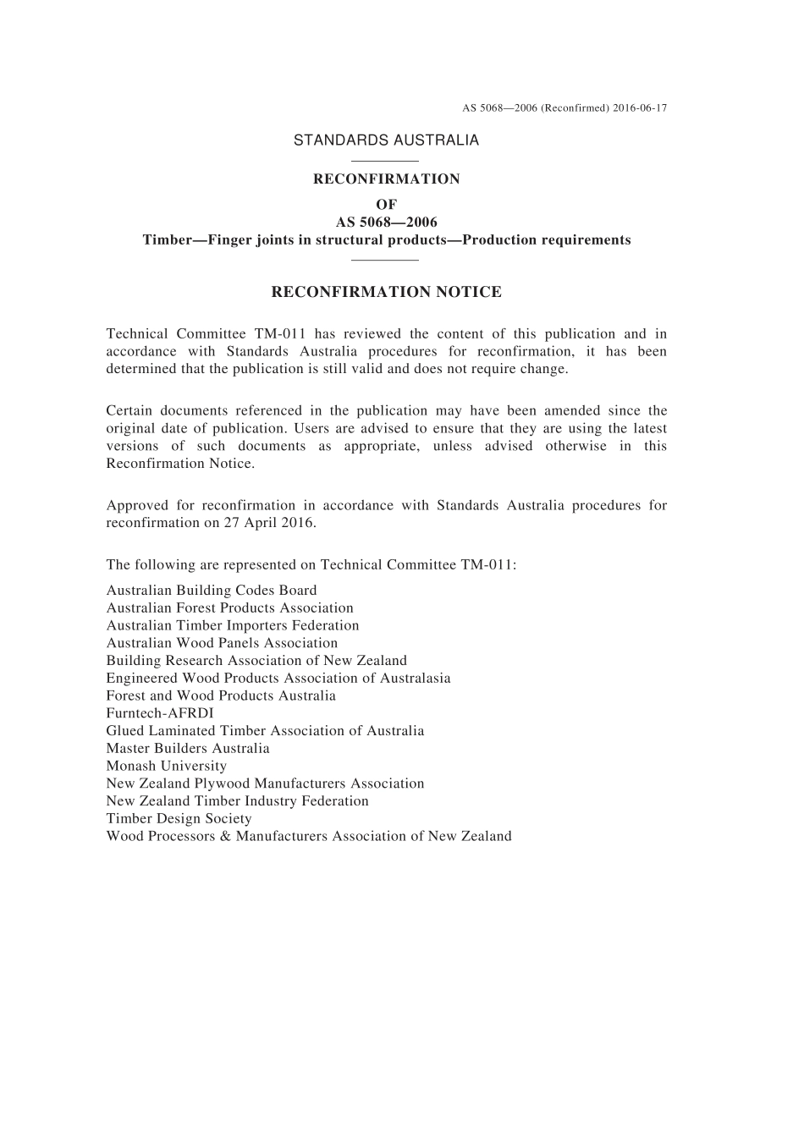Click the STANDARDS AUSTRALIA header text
click(x=386, y=140)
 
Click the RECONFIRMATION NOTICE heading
click(x=386, y=292)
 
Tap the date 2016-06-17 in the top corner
click(x=639, y=108)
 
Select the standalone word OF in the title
click(x=386, y=204)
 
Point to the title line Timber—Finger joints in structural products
click(x=386, y=239)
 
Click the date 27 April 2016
click(x=272, y=523)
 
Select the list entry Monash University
click(x=166, y=766)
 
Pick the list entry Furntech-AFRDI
click(x=160, y=713)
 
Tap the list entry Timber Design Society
click(x=179, y=818)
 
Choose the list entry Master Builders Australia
click(x=188, y=748)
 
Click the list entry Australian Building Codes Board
click(x=212, y=591)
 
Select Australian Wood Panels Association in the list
click(x=222, y=643)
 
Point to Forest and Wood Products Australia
click(x=221, y=695)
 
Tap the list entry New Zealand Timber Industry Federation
click(x=237, y=800)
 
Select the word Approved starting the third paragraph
click(x=136, y=506)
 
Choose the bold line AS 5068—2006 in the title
click(x=386, y=223)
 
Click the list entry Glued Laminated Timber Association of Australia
click(x=265, y=731)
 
